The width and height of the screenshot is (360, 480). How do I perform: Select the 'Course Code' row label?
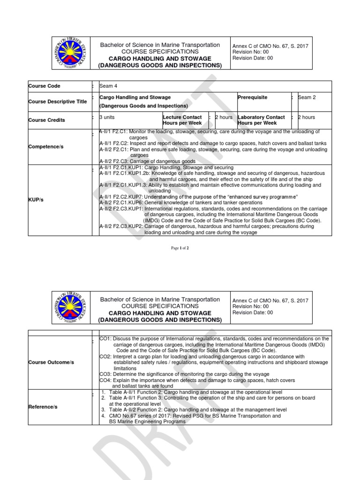[x=45, y=86]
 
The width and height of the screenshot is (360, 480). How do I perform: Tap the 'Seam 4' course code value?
[x=109, y=86]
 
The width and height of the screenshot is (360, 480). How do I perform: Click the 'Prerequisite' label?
[x=253, y=97]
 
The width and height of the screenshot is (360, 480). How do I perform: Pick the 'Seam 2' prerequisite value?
[x=307, y=97]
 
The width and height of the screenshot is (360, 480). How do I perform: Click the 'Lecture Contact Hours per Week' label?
[x=182, y=120]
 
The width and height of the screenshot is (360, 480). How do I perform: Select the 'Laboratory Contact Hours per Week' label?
[x=261, y=120]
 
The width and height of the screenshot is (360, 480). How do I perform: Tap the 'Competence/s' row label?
[x=46, y=147]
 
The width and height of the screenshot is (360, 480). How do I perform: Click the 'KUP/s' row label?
[x=37, y=199]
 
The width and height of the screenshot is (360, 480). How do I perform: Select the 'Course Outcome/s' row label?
[x=51, y=362]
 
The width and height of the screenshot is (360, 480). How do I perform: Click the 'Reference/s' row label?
[x=43, y=407]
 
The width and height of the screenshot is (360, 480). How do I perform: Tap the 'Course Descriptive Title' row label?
[x=58, y=102]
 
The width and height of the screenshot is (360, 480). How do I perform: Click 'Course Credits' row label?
[x=47, y=120]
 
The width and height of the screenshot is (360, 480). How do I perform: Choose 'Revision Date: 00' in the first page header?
[x=252, y=58]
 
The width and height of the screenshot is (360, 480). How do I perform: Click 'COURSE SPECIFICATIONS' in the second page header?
[x=160, y=306]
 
